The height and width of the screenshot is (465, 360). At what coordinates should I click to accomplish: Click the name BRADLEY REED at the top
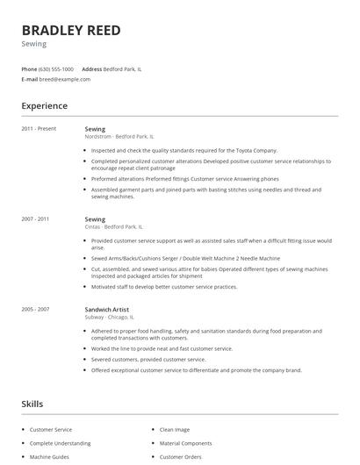tap(71, 31)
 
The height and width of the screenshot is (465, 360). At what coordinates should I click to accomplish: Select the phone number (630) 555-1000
tap(56, 68)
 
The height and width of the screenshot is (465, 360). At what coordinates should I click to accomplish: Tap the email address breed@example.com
tap(65, 79)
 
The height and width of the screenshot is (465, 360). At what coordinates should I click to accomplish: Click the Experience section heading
tap(44, 106)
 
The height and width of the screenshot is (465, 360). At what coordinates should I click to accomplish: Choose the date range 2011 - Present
tap(39, 129)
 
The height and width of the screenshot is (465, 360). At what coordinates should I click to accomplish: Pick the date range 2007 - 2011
tap(37, 218)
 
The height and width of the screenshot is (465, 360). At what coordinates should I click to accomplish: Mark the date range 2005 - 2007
tap(37, 309)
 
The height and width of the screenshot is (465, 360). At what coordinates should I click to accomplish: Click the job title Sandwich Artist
tap(108, 309)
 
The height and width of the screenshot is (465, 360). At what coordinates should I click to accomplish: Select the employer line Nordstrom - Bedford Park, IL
tap(119, 137)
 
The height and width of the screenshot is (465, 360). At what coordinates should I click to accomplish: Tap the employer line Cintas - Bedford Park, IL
tap(114, 226)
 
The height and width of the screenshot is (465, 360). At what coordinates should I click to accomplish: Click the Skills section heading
tap(32, 404)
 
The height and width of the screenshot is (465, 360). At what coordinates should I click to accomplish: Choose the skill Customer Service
tap(51, 430)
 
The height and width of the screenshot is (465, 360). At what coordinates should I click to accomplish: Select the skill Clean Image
tap(174, 430)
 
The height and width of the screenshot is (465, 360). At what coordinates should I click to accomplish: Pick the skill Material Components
tap(185, 443)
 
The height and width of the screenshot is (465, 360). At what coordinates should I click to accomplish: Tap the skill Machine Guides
tap(49, 457)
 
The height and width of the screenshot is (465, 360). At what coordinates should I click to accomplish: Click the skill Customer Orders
tap(181, 457)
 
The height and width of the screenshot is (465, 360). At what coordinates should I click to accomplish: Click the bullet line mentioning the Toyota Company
tap(184, 150)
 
